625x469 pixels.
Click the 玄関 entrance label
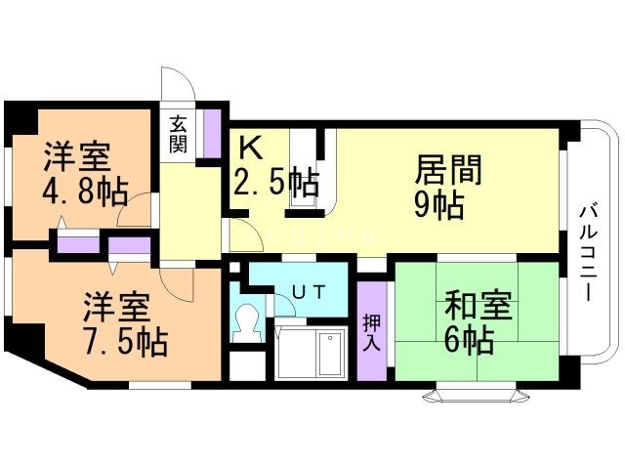(178, 135)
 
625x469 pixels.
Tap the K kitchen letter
(250, 148)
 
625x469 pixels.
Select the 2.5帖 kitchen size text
(275, 183)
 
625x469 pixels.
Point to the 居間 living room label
(448, 169)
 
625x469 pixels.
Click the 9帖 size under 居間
(438, 205)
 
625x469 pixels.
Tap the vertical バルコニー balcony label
(587, 252)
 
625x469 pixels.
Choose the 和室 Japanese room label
(478, 306)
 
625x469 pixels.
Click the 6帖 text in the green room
(469, 340)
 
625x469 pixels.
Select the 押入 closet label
(371, 332)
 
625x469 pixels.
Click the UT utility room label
(309, 292)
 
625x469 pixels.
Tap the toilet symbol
(247, 323)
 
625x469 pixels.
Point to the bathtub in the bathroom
(330, 354)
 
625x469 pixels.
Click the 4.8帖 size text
(85, 192)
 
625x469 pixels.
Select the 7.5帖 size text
(126, 342)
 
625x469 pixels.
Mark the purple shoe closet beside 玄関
(212, 133)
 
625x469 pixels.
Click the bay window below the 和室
(477, 393)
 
